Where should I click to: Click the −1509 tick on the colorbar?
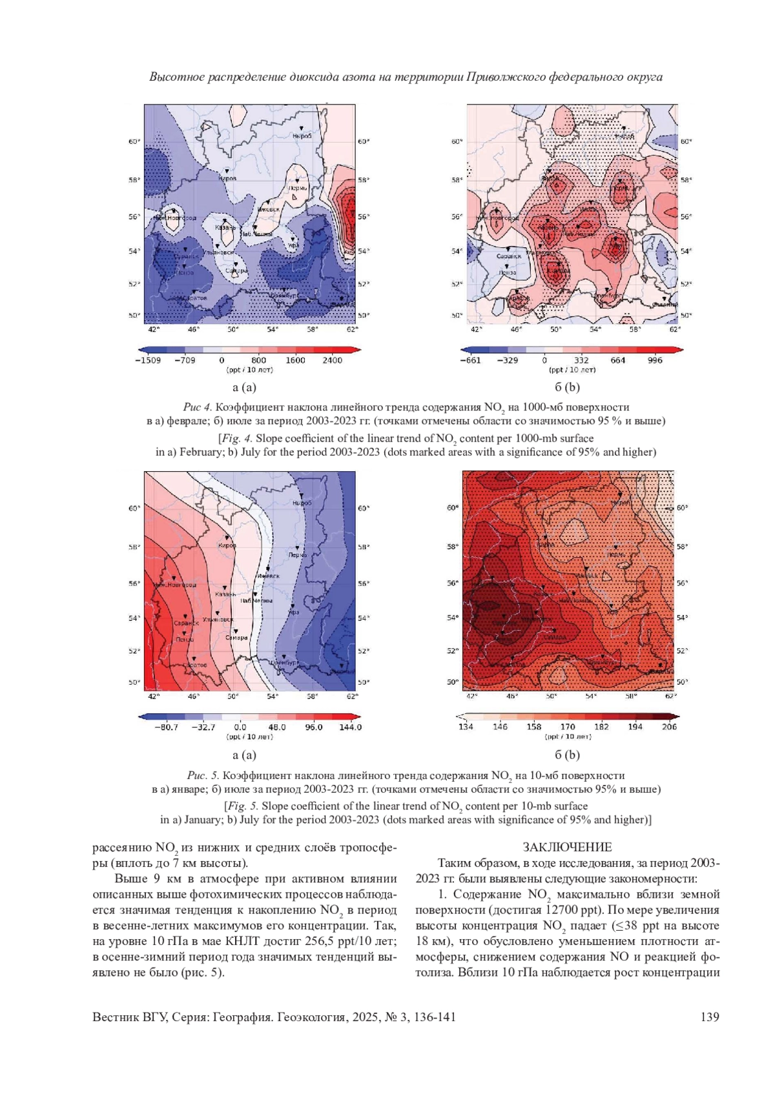(x=148, y=360)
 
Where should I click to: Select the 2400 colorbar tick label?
(x=332, y=360)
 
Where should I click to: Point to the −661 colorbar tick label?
(x=470, y=360)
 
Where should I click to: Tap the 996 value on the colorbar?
(x=655, y=360)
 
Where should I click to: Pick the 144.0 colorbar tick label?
(x=350, y=727)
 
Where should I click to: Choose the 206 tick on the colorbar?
(x=669, y=726)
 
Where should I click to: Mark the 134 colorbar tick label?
(x=466, y=726)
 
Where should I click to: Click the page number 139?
(x=709, y=1017)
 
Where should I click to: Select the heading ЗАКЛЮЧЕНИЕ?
(x=567, y=847)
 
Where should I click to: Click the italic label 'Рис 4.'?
(x=197, y=407)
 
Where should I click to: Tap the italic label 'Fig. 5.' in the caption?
(x=241, y=806)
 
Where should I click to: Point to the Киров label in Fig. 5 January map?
(x=227, y=545)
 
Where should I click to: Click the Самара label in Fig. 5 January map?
(x=237, y=638)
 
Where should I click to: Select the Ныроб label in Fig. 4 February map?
(x=302, y=136)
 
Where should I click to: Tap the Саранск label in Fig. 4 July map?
(x=509, y=256)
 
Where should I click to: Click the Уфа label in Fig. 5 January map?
(x=294, y=612)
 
